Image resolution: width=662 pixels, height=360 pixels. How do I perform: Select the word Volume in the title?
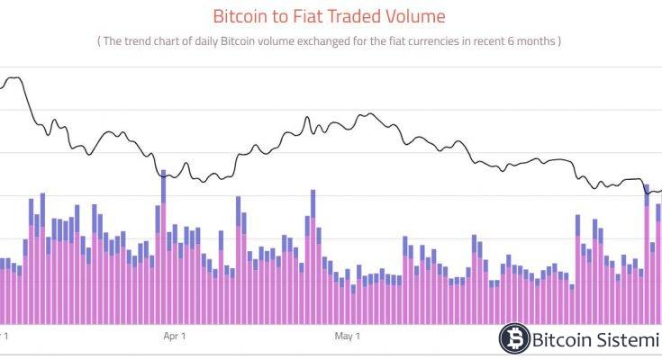(415, 16)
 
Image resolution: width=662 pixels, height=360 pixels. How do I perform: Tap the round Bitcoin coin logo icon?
(514, 339)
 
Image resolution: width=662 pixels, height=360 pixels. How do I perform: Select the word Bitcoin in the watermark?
(562, 339)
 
